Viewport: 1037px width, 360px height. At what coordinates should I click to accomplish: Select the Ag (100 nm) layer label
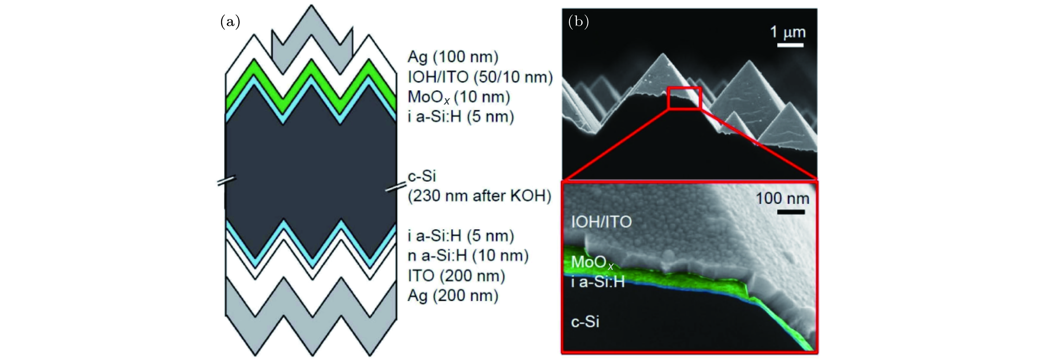(x=453, y=57)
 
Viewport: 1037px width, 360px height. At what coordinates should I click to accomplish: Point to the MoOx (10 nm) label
(x=459, y=97)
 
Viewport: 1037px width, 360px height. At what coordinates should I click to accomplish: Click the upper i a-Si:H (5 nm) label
(x=461, y=117)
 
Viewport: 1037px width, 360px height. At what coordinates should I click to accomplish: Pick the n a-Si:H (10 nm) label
(x=468, y=256)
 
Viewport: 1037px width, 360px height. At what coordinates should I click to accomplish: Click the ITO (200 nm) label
(x=457, y=276)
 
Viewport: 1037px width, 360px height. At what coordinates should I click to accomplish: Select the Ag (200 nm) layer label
(x=453, y=296)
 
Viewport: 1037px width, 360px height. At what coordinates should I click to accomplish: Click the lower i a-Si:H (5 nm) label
(x=461, y=236)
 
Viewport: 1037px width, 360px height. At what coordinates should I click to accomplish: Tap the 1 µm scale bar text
(x=788, y=32)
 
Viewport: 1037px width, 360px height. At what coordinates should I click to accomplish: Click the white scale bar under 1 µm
(x=790, y=45)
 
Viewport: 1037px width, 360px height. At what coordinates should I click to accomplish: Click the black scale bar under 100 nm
(x=791, y=212)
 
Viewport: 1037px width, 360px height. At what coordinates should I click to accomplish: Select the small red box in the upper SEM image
(x=684, y=98)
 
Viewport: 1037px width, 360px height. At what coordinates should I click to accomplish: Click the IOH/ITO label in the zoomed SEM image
(x=601, y=222)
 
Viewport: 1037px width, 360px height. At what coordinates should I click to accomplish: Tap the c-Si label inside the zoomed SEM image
(x=585, y=322)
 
